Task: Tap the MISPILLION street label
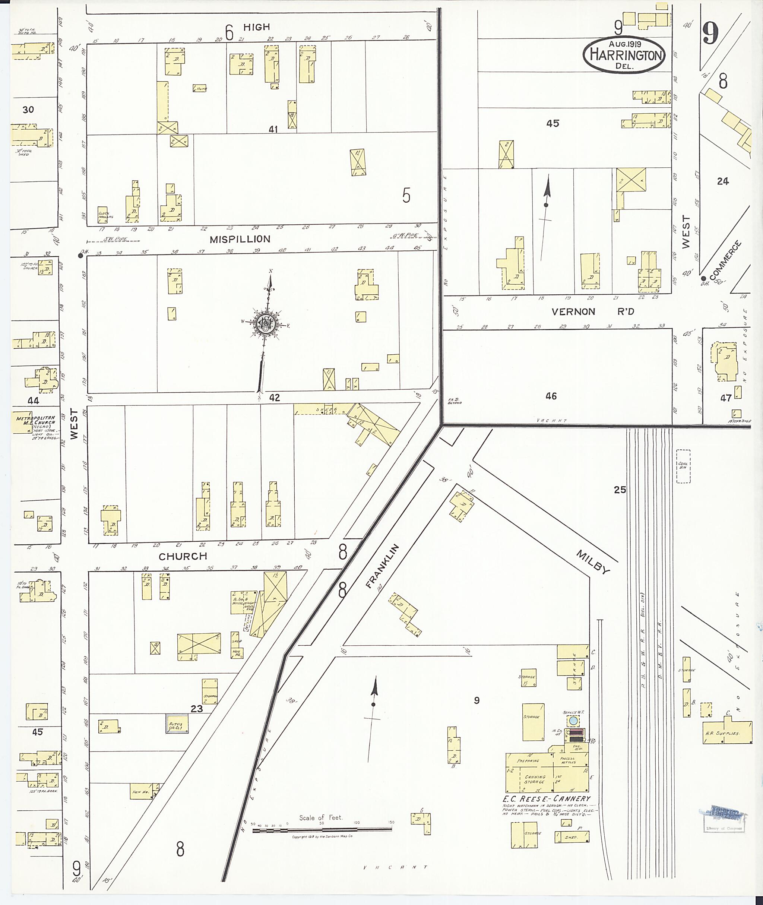pos(240,239)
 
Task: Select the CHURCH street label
pos(183,556)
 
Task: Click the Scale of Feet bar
pos(322,829)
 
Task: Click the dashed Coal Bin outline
pos(683,466)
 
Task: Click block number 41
pos(273,129)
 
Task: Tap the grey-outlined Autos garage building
pos(177,724)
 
